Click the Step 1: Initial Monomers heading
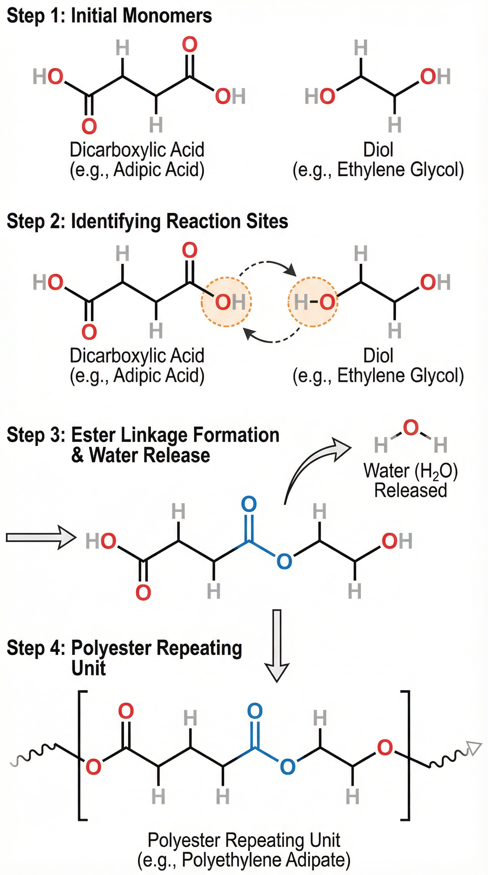point(109,16)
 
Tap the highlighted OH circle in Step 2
point(226,302)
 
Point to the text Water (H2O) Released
point(410,480)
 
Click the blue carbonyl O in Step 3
point(249,504)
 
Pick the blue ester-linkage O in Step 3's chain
point(284,561)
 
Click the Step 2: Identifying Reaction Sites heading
point(147,222)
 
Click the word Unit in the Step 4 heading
point(89,668)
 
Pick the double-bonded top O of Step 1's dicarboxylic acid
point(190,45)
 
